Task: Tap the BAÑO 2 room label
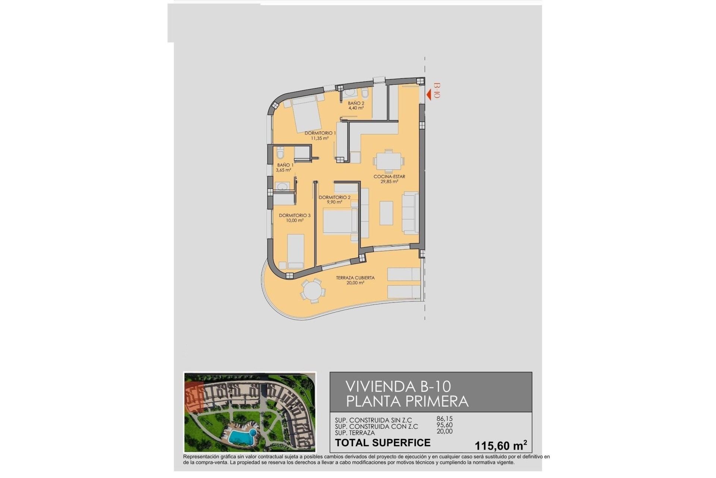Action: pos(356,103)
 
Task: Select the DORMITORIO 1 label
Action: pos(320,133)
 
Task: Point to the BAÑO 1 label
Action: pos(285,165)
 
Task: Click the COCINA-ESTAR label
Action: pos(389,177)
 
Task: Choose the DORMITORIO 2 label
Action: pos(335,198)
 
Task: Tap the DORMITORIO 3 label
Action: pos(295,215)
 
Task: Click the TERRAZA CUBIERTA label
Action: pos(355,278)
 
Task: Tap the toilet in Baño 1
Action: pos(281,153)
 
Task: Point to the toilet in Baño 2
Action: pos(365,94)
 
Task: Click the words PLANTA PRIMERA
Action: pos(407,401)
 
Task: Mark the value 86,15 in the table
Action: pos(444,419)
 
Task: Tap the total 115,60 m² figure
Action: pos(500,445)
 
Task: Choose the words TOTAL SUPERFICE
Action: pos(383,443)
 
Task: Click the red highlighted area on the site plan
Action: pos(193,399)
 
